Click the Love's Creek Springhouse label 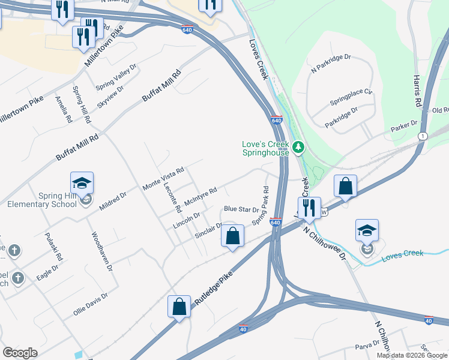pos(265,148)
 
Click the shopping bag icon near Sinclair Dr pos(233,235)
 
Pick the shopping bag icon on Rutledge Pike pos(179,307)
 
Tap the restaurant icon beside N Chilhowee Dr pos(309,208)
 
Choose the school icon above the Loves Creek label pos(367,230)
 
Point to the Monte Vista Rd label pos(163,179)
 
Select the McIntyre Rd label pos(200,197)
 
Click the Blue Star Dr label pos(241,209)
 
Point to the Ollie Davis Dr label pos(91,304)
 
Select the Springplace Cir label pos(351,98)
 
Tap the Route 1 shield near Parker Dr pos(423,136)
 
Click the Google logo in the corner pos(20,353)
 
